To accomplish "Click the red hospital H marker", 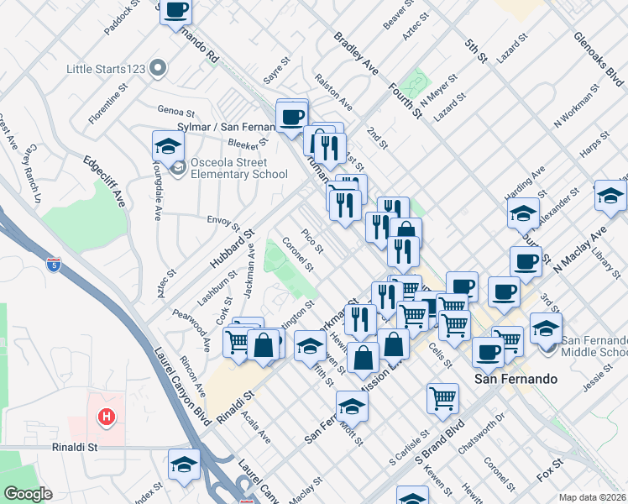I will (x=106, y=416).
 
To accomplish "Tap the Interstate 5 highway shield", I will (x=54, y=263).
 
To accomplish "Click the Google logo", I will (x=27, y=494).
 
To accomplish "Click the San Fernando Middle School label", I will (x=593, y=345).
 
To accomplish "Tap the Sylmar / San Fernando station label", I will (x=228, y=127).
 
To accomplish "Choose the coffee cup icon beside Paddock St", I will (x=175, y=11).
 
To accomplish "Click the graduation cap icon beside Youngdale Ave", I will (x=168, y=146).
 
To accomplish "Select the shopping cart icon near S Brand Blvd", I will (x=442, y=398).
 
